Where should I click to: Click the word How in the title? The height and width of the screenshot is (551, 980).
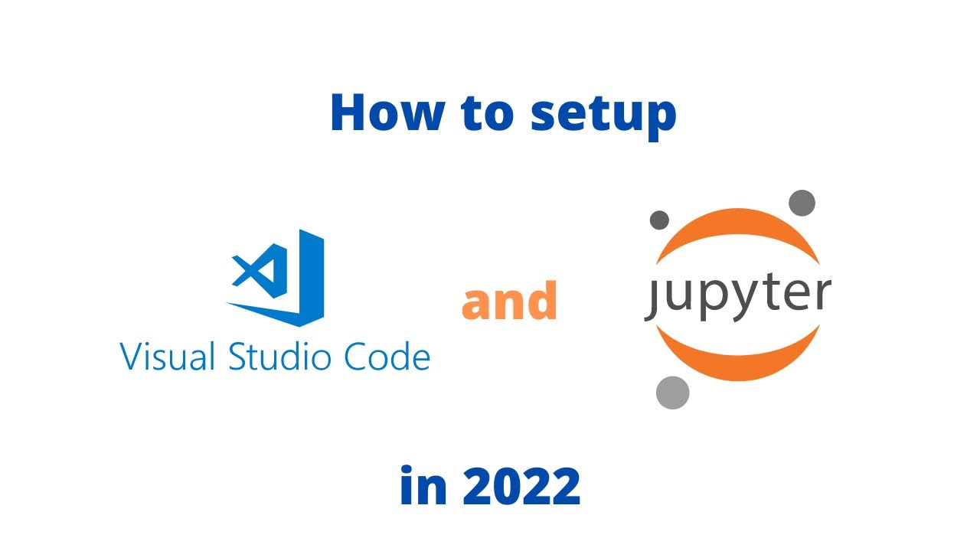[387, 113]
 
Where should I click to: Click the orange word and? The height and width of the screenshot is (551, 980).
[509, 301]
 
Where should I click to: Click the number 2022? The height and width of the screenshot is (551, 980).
[521, 487]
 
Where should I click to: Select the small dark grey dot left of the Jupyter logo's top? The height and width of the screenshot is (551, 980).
[659, 220]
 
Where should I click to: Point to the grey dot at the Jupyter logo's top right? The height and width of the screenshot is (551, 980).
[802, 203]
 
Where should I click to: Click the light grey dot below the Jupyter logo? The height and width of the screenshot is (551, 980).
[673, 393]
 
